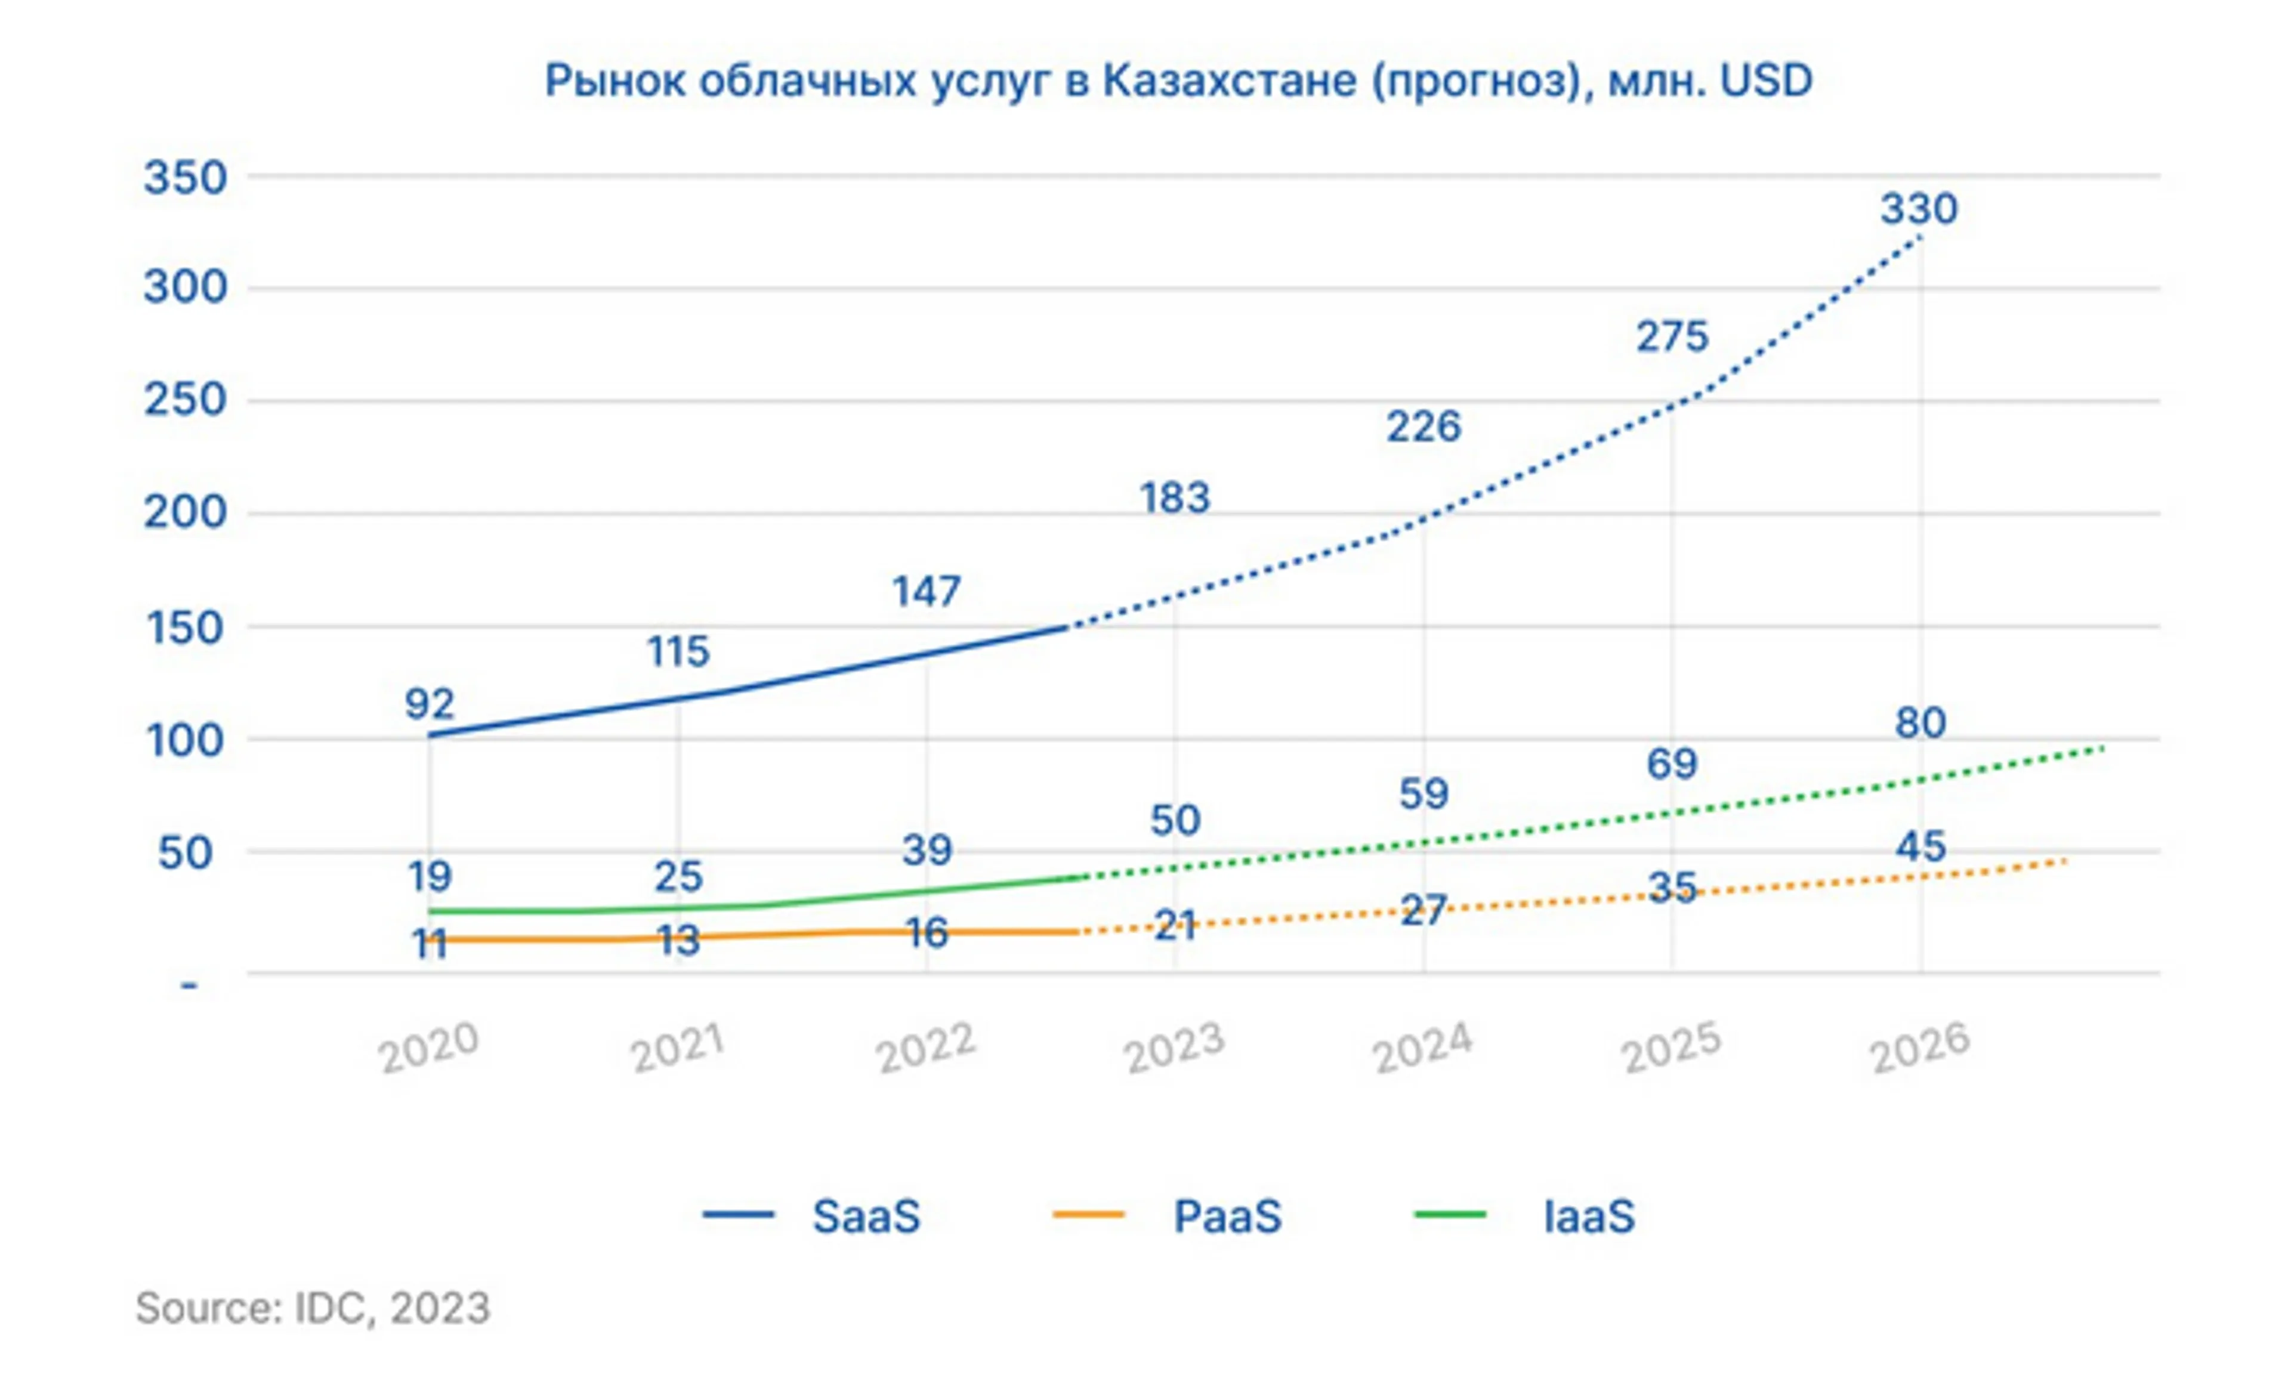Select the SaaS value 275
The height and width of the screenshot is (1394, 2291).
pyautogui.click(x=1672, y=336)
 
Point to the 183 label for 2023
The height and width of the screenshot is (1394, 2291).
pyautogui.click(x=1175, y=498)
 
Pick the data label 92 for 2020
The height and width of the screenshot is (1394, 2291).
pyautogui.click(x=430, y=704)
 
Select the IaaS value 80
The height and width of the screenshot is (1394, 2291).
pyautogui.click(x=1920, y=723)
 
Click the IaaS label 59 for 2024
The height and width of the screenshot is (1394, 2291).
pyautogui.click(x=1424, y=795)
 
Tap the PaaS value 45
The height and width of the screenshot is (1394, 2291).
pyautogui.click(x=1920, y=846)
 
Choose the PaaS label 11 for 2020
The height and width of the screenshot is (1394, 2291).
pyautogui.click(x=430, y=945)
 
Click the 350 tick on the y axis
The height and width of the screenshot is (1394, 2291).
pyautogui.click(x=185, y=178)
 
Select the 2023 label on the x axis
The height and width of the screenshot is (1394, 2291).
pyautogui.click(x=1174, y=1047)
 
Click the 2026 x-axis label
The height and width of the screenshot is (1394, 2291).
pyautogui.click(x=1920, y=1047)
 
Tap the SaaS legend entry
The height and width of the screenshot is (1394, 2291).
pyautogui.click(x=866, y=1216)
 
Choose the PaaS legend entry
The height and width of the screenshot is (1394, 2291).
pyautogui.click(x=1227, y=1216)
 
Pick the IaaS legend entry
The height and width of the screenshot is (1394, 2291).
pyautogui.click(x=1588, y=1216)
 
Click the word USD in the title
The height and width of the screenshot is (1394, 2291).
pyautogui.click(x=1765, y=81)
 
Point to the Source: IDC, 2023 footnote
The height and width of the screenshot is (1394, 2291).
pyautogui.click(x=313, y=1308)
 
